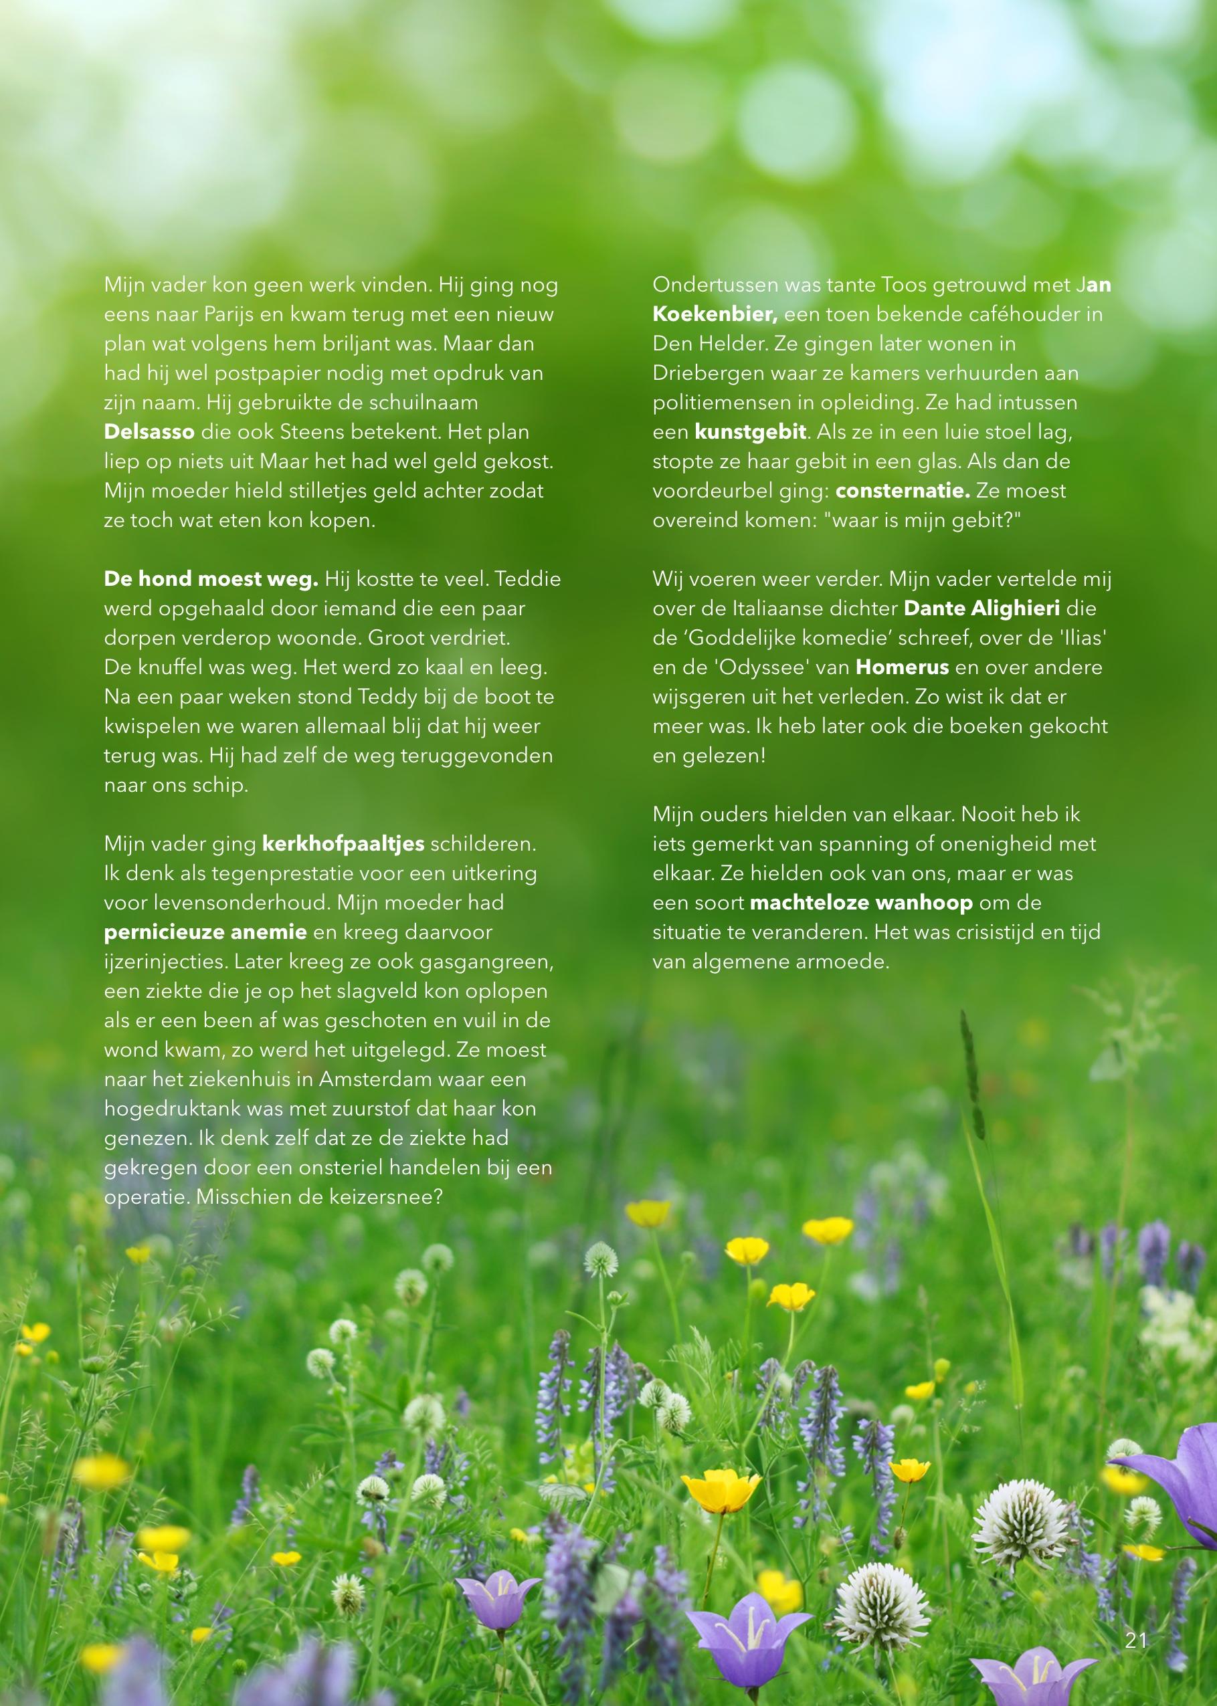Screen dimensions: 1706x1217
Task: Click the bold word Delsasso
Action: click(x=149, y=432)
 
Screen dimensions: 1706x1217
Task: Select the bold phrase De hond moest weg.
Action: click(x=211, y=579)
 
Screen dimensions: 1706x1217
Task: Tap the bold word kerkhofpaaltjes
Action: click(x=343, y=844)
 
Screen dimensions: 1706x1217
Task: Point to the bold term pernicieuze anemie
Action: click(x=205, y=932)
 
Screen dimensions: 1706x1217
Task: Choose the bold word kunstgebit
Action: click(x=750, y=432)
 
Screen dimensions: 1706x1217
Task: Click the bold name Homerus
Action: click(x=903, y=667)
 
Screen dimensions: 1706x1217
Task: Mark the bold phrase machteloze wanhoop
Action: click(x=861, y=903)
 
